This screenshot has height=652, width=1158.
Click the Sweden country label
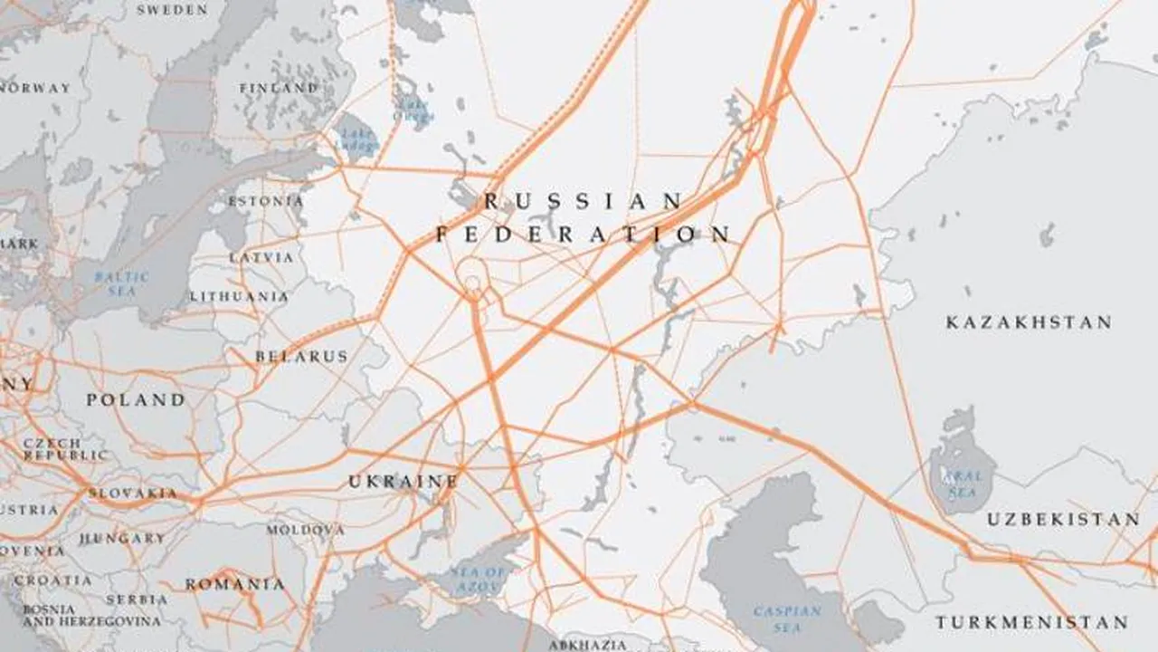tap(171, 10)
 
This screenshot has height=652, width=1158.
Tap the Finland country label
tap(279, 88)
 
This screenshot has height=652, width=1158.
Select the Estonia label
tap(265, 201)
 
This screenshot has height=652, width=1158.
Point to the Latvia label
tap(261, 257)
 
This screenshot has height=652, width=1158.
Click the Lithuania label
tap(239, 296)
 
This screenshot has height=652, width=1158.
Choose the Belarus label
tap(301, 357)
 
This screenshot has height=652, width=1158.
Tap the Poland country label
tap(136, 399)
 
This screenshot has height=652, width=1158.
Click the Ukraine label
tap(403, 482)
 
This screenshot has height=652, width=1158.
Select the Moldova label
tap(305, 529)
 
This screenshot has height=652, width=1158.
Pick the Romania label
tap(235, 584)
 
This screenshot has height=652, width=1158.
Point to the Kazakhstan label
tap(1029, 322)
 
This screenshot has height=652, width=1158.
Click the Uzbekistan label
tap(1063, 519)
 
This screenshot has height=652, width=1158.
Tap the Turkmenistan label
tap(1031, 622)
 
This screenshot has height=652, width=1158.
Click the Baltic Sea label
tap(121, 283)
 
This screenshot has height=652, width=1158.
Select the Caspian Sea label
tap(787, 618)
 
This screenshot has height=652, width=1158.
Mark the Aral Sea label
tap(961, 484)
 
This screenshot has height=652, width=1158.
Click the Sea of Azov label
tap(479, 580)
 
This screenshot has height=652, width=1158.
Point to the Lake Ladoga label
tap(356, 139)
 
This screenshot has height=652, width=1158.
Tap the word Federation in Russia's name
tap(584, 235)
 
